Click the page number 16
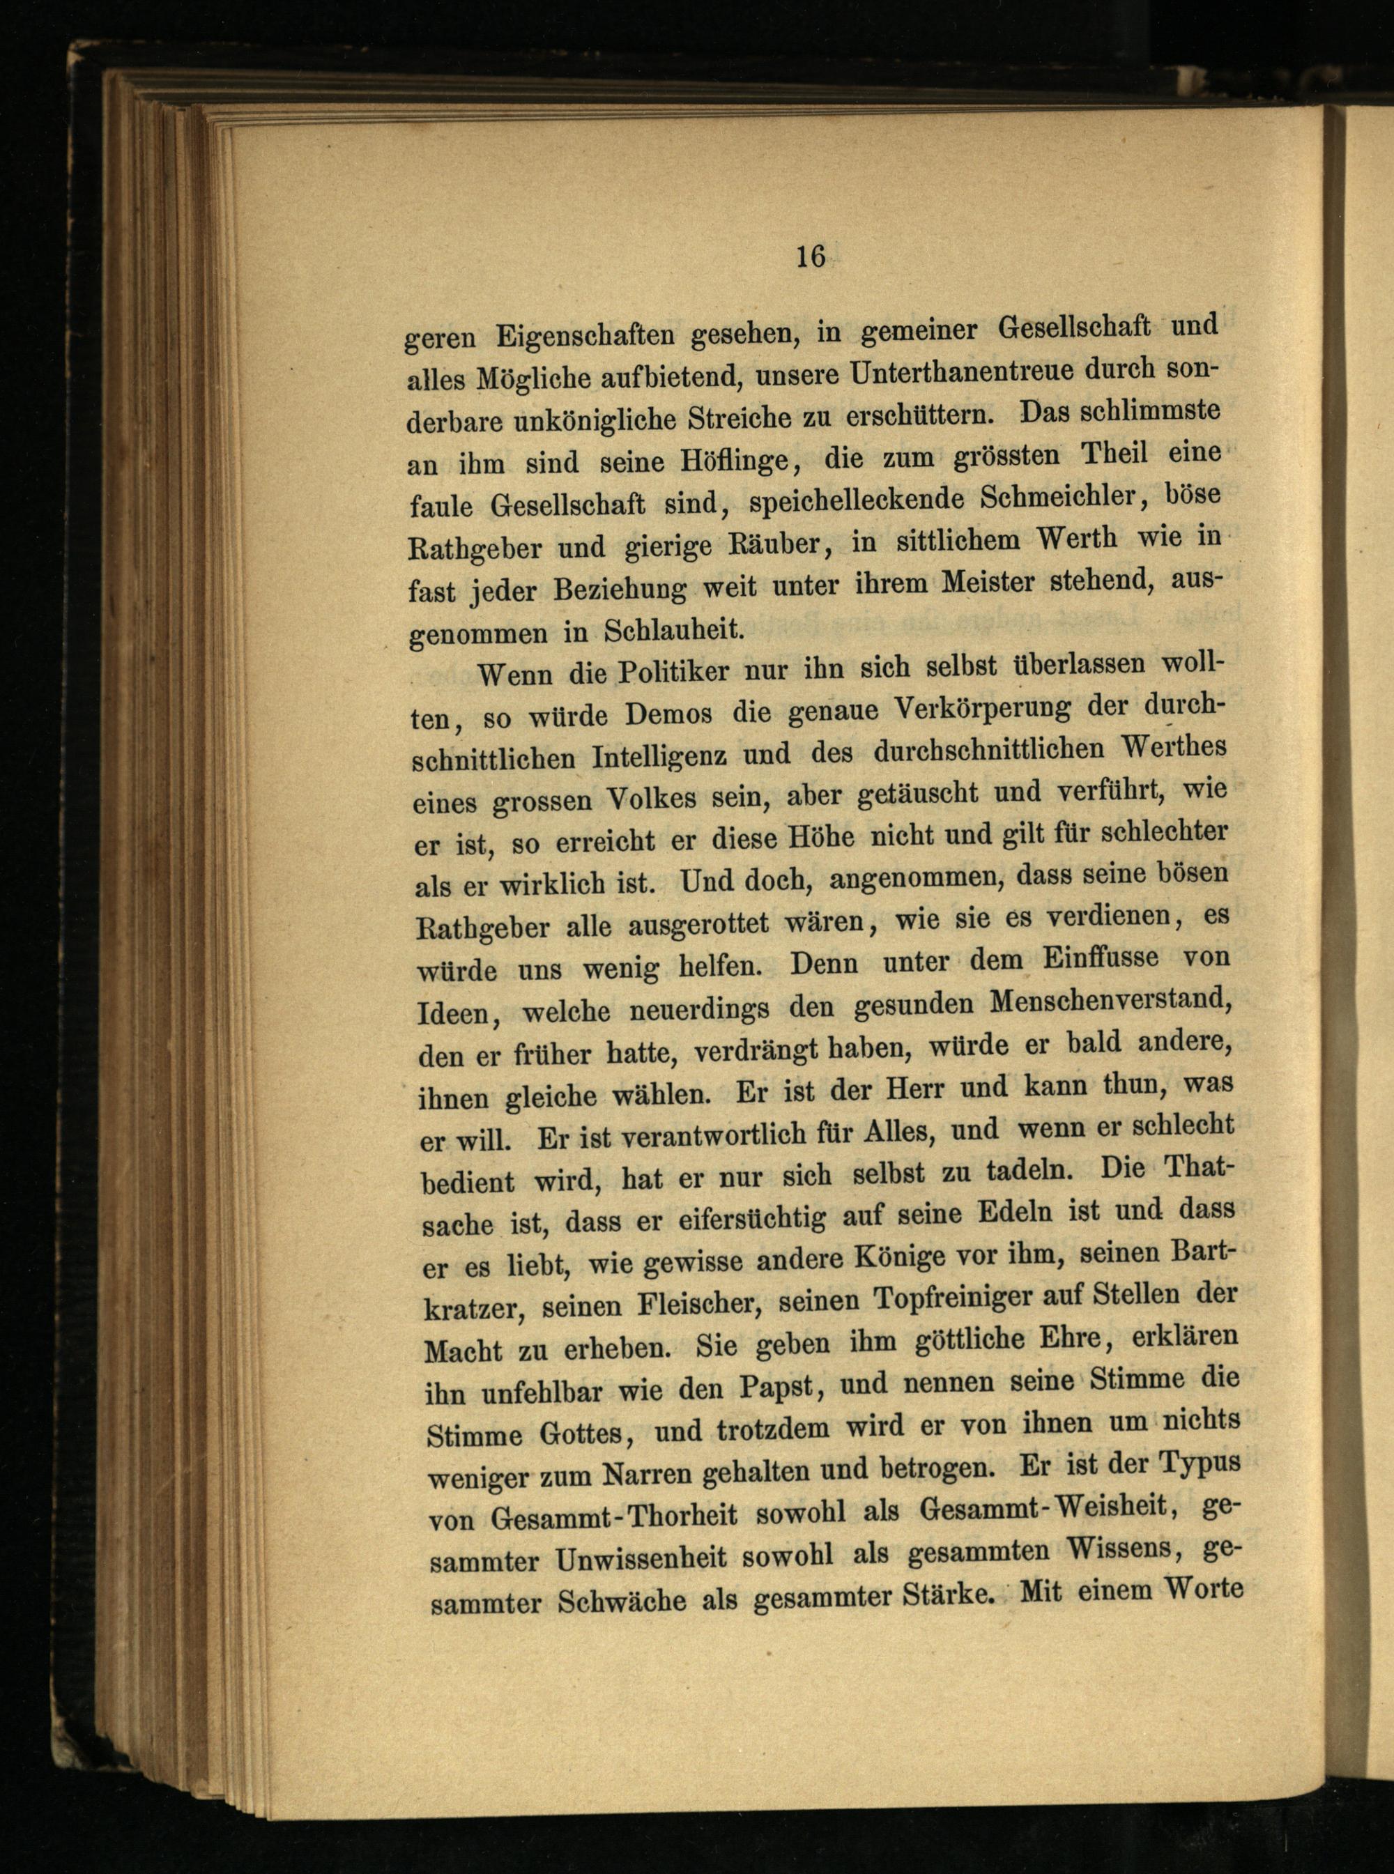[x=809, y=255]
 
